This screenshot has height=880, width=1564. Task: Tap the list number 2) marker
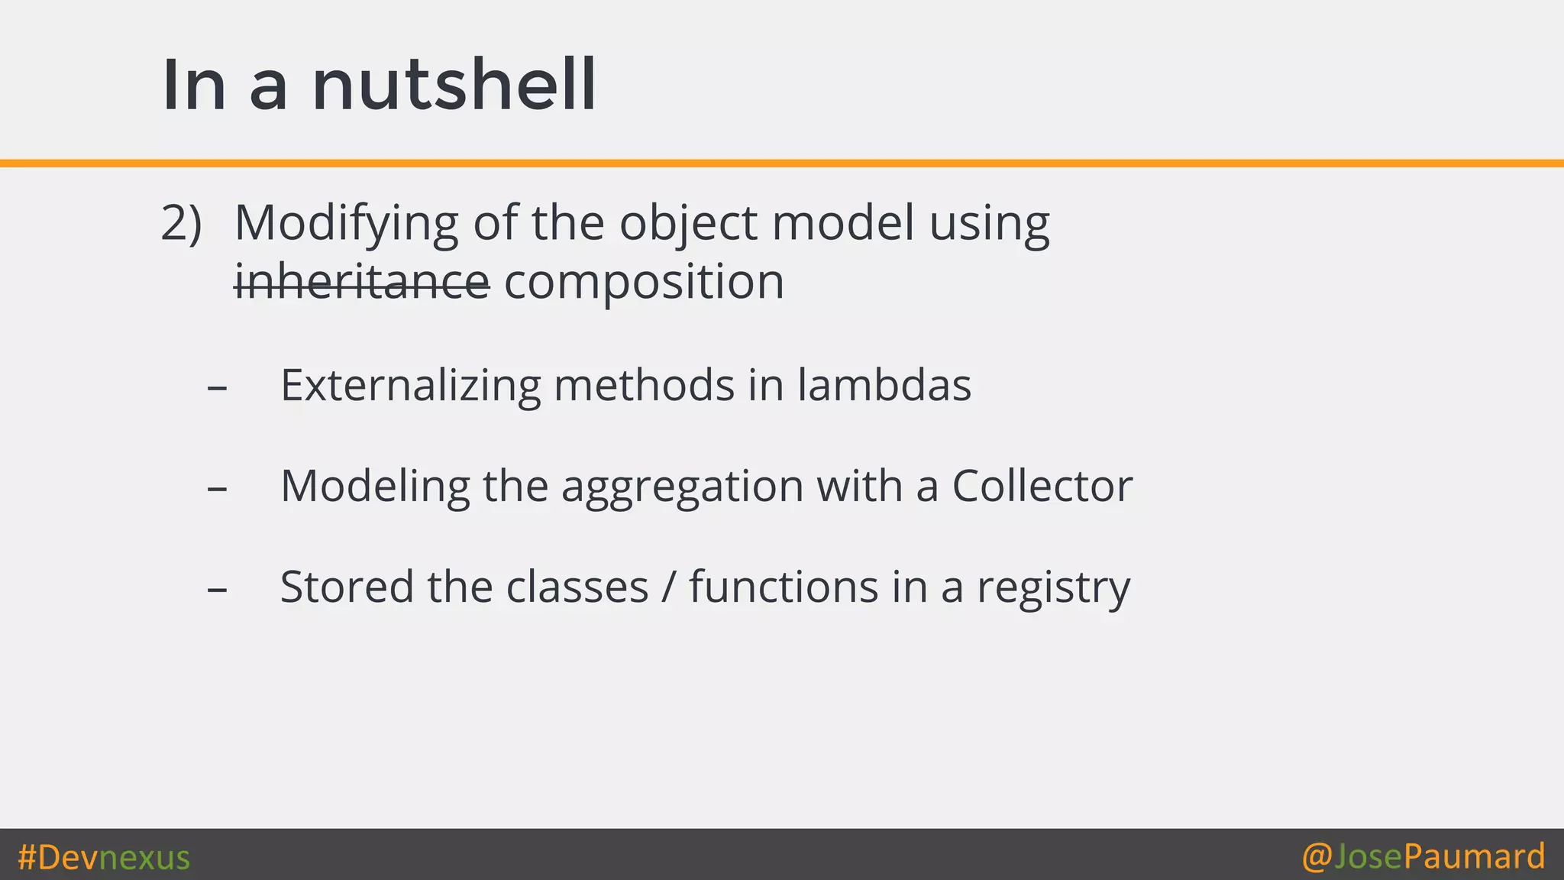point(181,223)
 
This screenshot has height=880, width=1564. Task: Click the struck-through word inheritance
point(361,281)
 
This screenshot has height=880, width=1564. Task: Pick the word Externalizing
point(411,385)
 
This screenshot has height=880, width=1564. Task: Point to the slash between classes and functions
point(669,587)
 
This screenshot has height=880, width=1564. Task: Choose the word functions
point(784,587)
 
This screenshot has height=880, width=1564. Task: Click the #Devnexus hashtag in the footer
point(104,857)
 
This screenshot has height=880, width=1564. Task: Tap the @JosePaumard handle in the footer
point(1423,856)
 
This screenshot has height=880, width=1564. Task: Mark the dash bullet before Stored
point(217,590)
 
